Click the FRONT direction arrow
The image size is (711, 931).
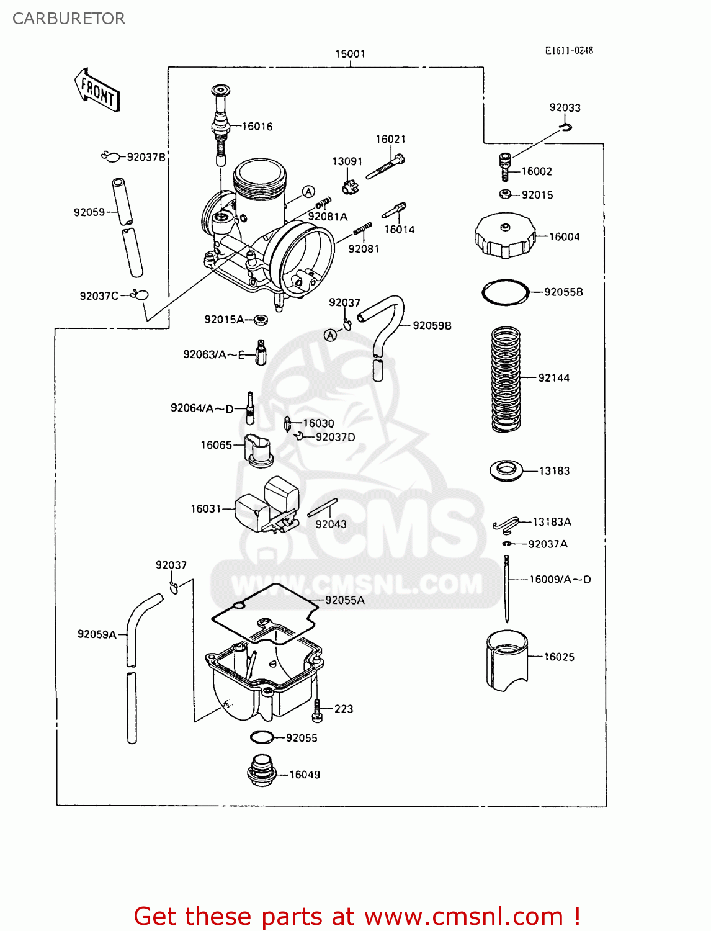click(x=97, y=91)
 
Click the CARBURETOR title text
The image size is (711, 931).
click(x=69, y=19)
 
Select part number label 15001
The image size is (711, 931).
click(x=350, y=54)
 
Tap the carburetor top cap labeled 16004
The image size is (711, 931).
click(x=505, y=235)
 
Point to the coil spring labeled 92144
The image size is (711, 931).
click(x=506, y=378)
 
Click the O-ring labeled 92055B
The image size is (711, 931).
click(x=505, y=292)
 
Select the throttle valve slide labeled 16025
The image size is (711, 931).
click(x=506, y=660)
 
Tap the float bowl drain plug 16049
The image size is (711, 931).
click(x=261, y=771)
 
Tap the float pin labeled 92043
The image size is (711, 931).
click(x=323, y=507)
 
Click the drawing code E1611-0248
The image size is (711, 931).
click(x=569, y=51)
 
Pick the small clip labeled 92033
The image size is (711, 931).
click(x=565, y=127)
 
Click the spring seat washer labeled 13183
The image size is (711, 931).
click(x=506, y=470)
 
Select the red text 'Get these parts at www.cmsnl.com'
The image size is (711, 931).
click(x=357, y=916)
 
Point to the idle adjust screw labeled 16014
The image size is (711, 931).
click(x=394, y=210)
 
